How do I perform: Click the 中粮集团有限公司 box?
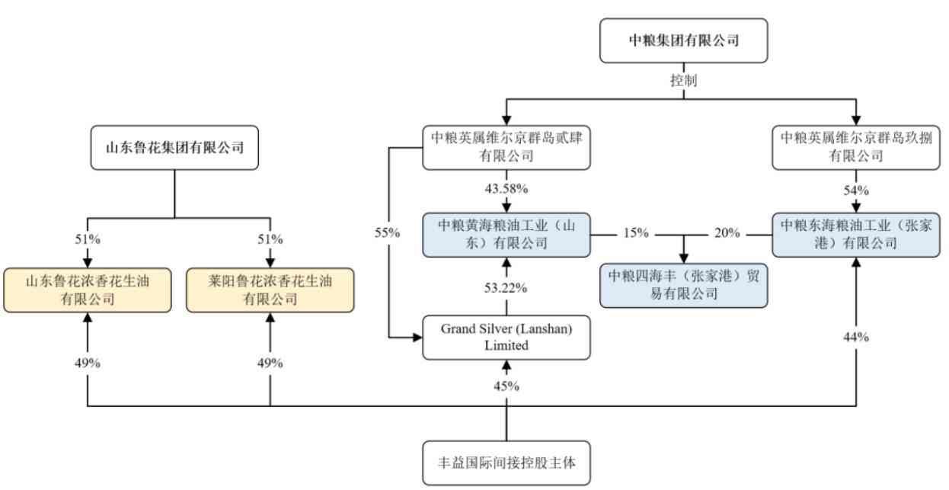click(x=684, y=40)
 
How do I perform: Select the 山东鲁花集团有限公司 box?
click(x=174, y=147)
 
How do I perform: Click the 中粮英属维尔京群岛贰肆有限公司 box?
click(x=506, y=147)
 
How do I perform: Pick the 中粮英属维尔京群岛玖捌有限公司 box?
click(x=855, y=147)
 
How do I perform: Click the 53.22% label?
click(x=506, y=288)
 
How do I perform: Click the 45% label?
click(x=506, y=386)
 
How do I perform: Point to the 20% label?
click(x=727, y=233)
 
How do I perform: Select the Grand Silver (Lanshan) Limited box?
click(x=506, y=337)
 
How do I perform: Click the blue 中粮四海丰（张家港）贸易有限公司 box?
click(x=683, y=285)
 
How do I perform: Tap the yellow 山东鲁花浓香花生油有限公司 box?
click(x=88, y=290)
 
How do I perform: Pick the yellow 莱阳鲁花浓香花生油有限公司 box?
click(x=270, y=290)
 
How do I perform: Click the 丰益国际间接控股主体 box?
click(x=506, y=462)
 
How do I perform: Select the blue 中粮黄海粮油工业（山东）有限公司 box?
click(x=506, y=234)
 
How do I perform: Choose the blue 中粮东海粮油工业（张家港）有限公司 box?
click(x=855, y=234)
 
